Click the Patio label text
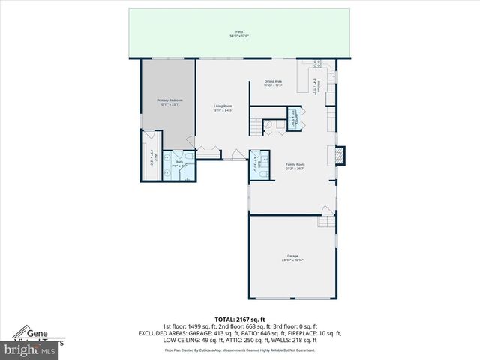coord(240,32)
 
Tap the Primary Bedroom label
coord(169,100)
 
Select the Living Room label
coord(223,106)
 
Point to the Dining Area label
coord(272,81)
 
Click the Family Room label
coord(295,164)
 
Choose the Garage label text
coord(292,256)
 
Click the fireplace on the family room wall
coord(339,154)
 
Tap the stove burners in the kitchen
coord(317,64)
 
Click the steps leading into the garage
coord(326,220)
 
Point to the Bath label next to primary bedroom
coord(179,162)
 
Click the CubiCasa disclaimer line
coord(240,349)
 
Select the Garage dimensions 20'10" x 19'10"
coord(292,260)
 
